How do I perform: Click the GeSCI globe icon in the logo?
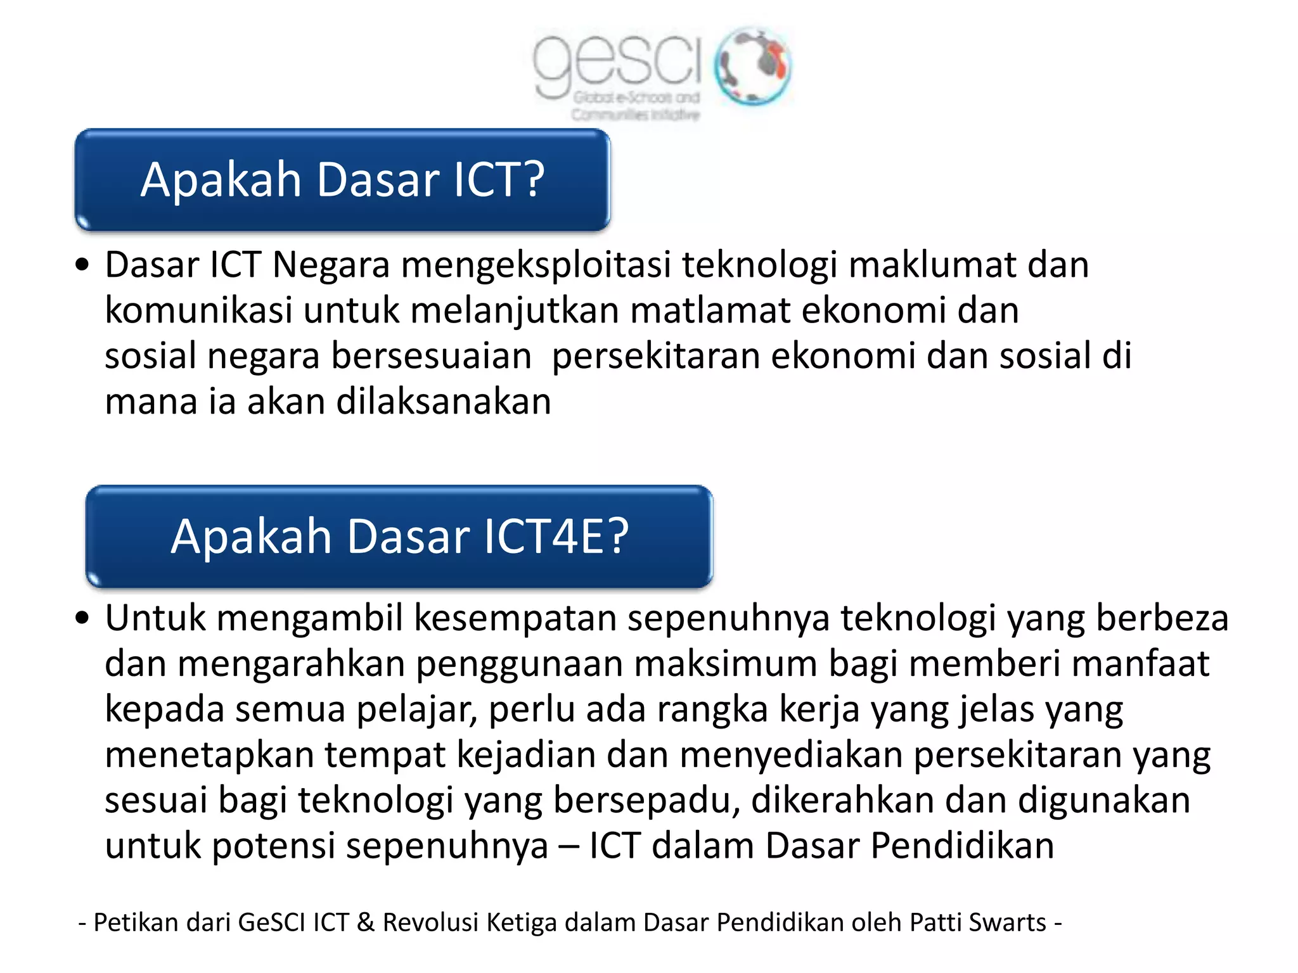pyautogui.click(x=752, y=66)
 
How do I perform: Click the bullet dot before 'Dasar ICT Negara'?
pyautogui.click(x=82, y=265)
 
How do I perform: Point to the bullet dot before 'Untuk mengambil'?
pyautogui.click(x=82, y=618)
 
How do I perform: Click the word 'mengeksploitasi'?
pyautogui.click(x=536, y=265)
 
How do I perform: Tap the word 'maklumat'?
pyautogui.click(x=932, y=265)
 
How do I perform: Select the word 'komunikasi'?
pyautogui.click(x=198, y=310)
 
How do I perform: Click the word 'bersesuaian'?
pyautogui.click(x=432, y=356)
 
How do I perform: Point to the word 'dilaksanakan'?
pyautogui.click(x=444, y=402)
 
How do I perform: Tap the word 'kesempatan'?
pyautogui.click(x=515, y=618)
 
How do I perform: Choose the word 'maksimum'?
pyautogui.click(x=726, y=663)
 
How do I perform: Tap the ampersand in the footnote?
pyautogui.click(x=366, y=922)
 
